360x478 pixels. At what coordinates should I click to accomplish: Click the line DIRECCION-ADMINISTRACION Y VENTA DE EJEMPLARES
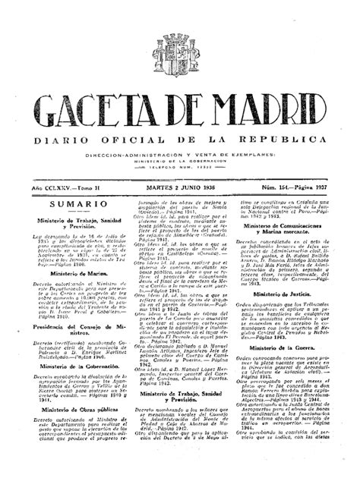pos(180,154)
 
